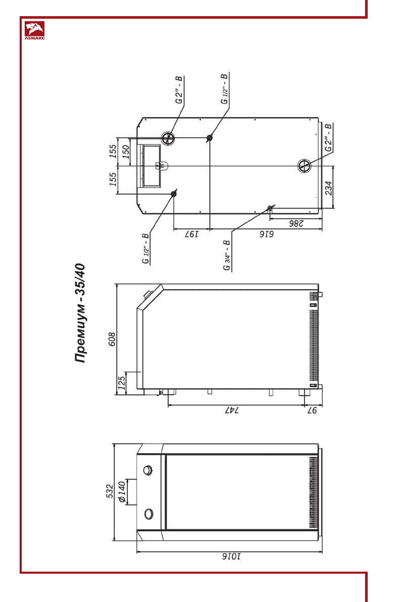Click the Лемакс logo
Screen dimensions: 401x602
pyautogui.click(x=34, y=31)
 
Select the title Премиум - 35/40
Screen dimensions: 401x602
pyautogui.click(x=80, y=313)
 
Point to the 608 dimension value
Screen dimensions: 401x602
pyautogui.click(x=112, y=339)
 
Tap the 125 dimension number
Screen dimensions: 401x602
pyautogui.click(x=122, y=383)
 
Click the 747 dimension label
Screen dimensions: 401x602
pyautogui.click(x=231, y=410)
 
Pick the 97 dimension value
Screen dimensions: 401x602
pyautogui.click(x=312, y=410)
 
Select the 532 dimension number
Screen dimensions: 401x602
pyautogui.click(x=110, y=491)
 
